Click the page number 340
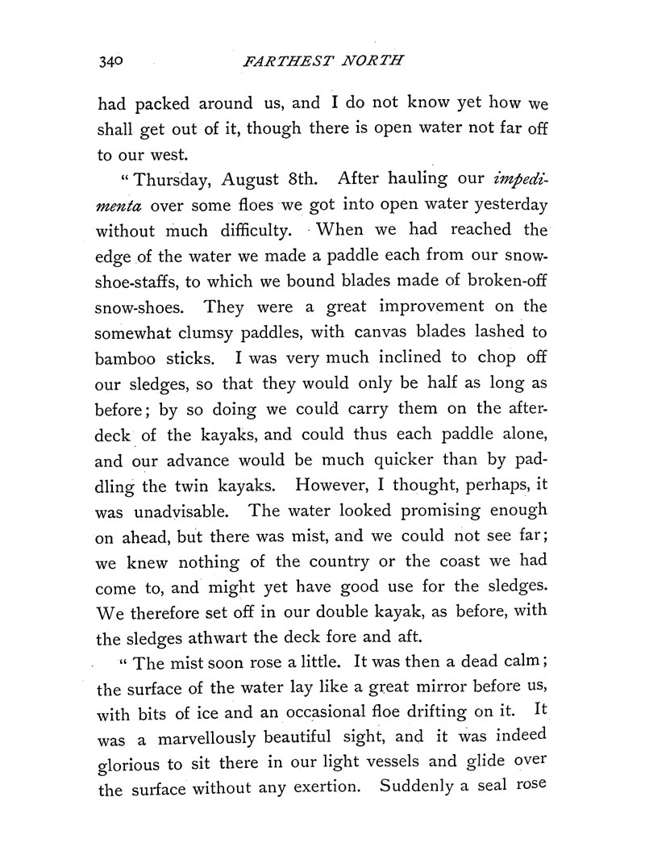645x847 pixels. [x=110, y=61]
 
